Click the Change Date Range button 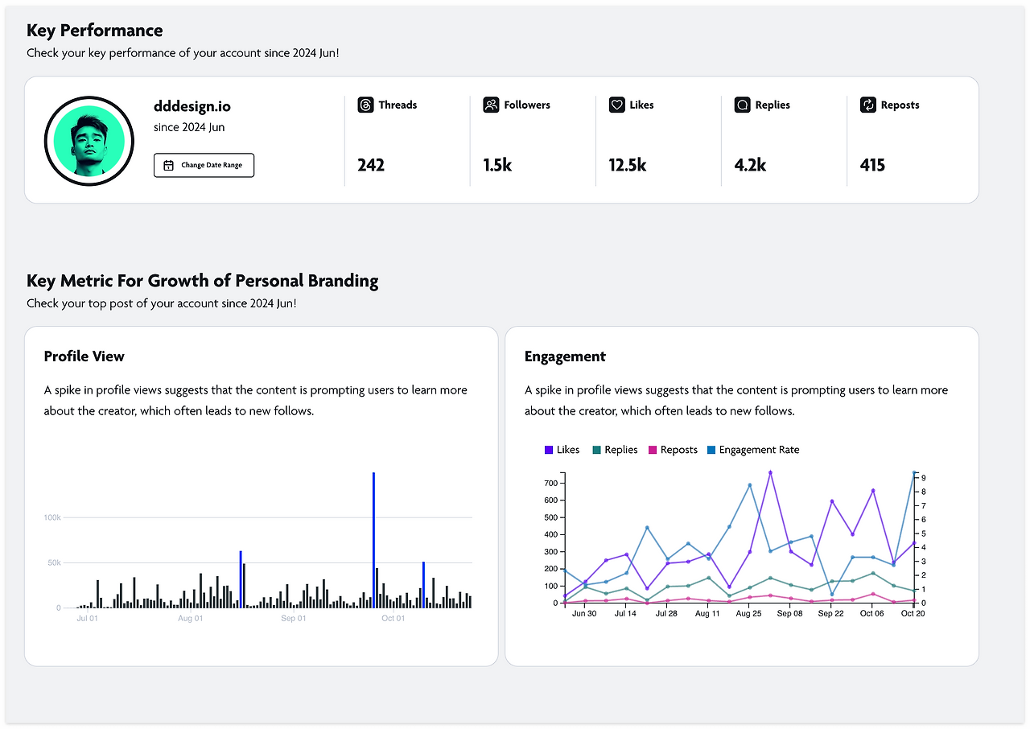click(204, 165)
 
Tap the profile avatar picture click(89, 141)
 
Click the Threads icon click(365, 105)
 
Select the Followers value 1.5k click(497, 165)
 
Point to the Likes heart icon click(616, 105)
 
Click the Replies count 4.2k click(750, 165)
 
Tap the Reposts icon click(868, 105)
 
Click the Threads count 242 click(371, 165)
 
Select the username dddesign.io click(192, 106)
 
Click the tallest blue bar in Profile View click(374, 540)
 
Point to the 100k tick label click(52, 517)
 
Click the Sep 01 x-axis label click(294, 618)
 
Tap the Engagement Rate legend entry click(753, 450)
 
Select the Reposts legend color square click(653, 450)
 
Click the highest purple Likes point click(770, 472)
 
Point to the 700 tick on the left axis click(551, 483)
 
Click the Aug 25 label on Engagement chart click(748, 614)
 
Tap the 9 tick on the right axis click(923, 478)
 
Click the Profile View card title click(84, 356)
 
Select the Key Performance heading click(95, 31)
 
